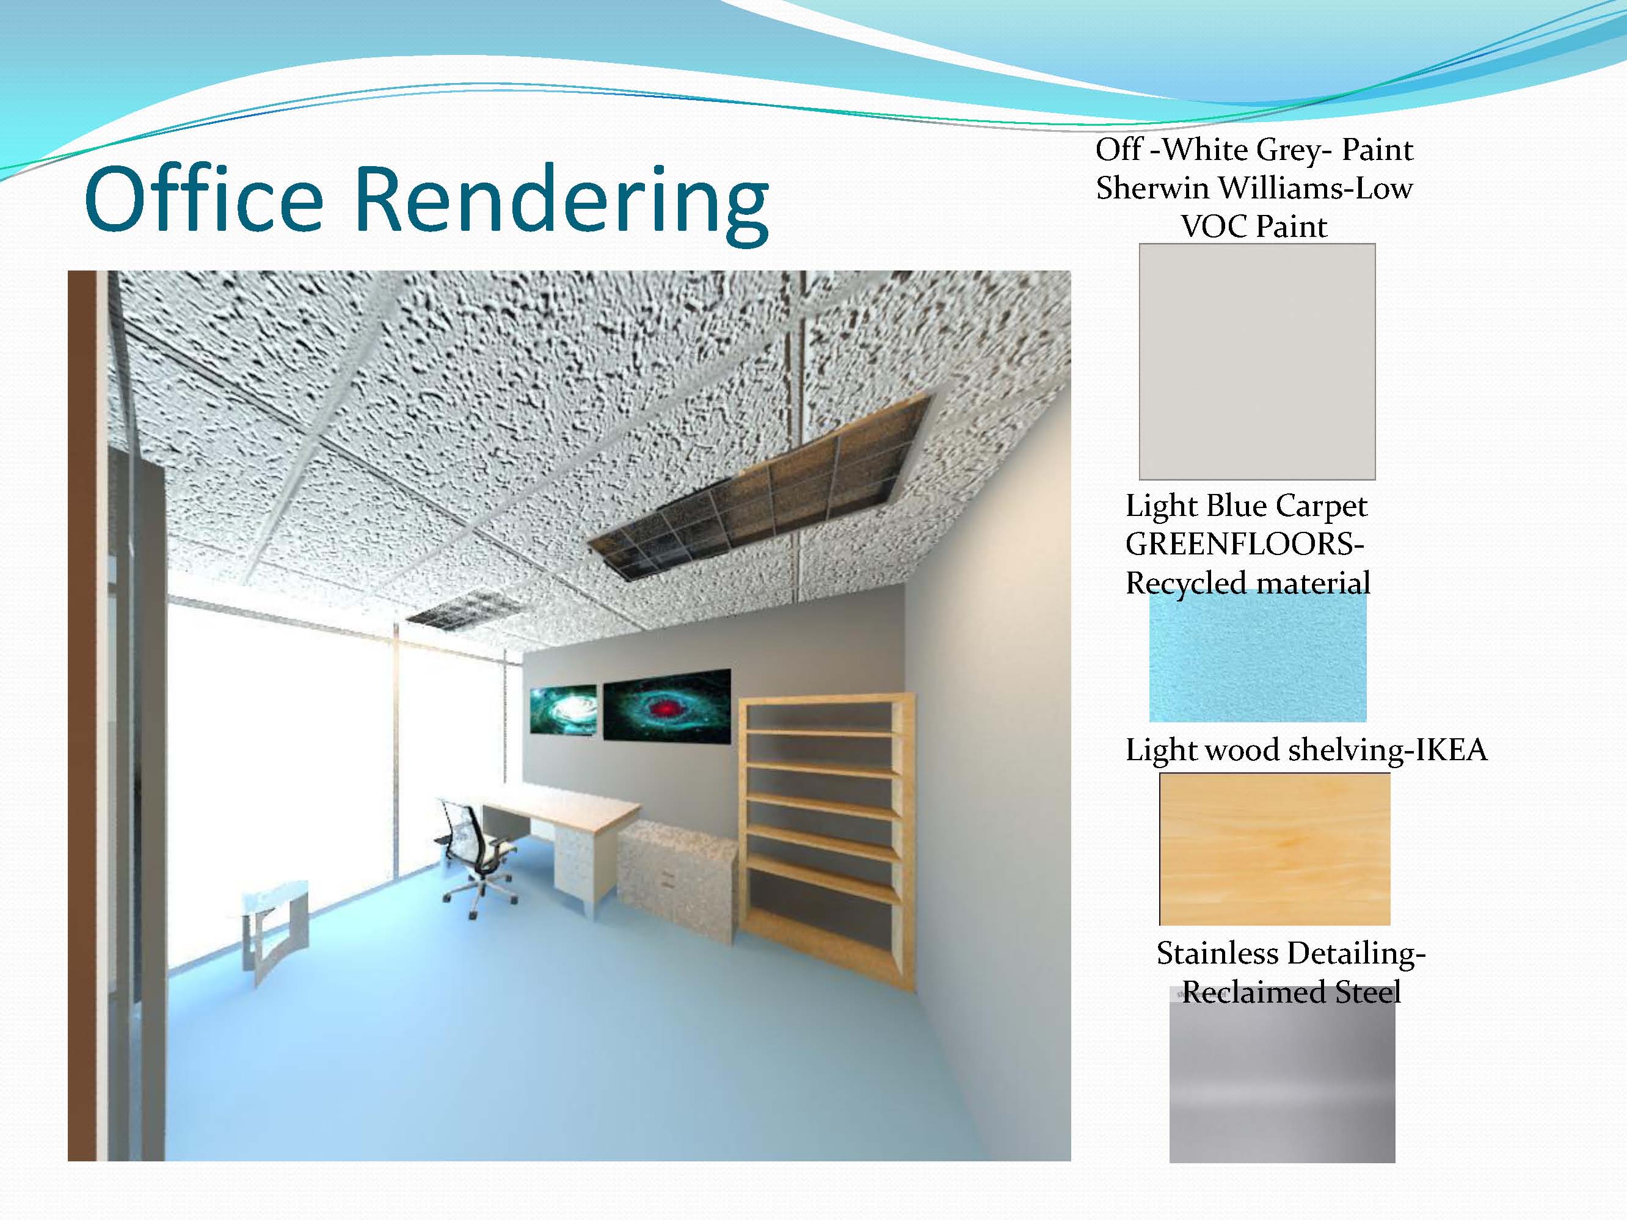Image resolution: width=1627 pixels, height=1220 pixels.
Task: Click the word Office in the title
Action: [205, 198]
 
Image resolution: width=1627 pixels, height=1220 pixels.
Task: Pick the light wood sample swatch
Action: [1275, 849]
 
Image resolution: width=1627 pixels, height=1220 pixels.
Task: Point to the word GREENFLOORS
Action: [1245, 544]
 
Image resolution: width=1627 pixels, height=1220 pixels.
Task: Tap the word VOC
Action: [1214, 227]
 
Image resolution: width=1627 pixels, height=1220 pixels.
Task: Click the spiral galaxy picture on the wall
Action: [564, 710]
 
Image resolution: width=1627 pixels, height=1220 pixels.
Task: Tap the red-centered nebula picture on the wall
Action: [666, 704]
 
